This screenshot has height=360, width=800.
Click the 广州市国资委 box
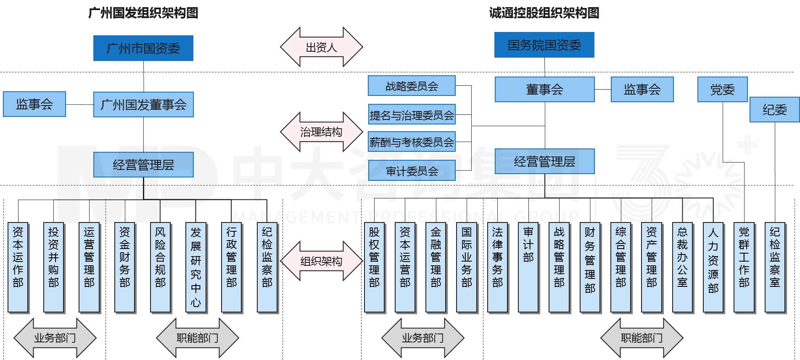click(x=143, y=48)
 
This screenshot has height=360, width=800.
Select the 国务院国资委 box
click(x=544, y=45)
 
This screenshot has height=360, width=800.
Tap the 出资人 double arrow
click(x=321, y=47)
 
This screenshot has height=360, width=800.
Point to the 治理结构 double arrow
click(x=321, y=132)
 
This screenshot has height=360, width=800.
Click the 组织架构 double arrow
click(x=321, y=261)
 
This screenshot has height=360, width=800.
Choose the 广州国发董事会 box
click(x=143, y=105)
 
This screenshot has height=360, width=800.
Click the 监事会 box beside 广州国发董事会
click(x=34, y=104)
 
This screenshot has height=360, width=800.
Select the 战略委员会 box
click(x=412, y=86)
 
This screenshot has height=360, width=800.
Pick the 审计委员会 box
click(x=412, y=171)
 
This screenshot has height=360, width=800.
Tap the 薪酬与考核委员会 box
click(x=412, y=142)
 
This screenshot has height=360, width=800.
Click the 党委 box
click(x=722, y=90)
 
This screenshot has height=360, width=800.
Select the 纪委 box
click(x=774, y=110)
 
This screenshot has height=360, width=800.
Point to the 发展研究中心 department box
click(x=196, y=267)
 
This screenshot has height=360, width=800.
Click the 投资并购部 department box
click(x=53, y=267)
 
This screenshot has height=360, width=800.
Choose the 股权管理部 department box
click(x=374, y=267)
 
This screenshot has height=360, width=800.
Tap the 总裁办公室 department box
click(x=682, y=267)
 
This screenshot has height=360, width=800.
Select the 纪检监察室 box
click(x=775, y=267)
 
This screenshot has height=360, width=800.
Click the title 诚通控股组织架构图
click(x=544, y=13)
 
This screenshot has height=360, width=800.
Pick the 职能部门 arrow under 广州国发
click(x=197, y=338)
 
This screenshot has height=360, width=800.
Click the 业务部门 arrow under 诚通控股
click(x=422, y=338)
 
